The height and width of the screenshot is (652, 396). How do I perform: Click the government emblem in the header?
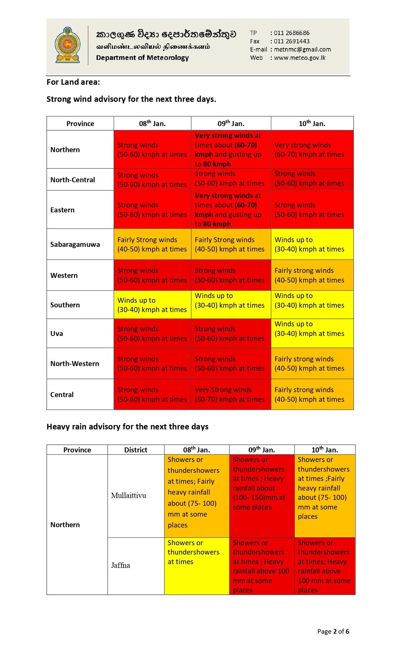point(67,45)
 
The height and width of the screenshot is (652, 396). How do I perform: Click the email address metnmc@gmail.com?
point(302,49)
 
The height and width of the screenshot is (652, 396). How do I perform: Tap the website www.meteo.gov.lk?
point(299,58)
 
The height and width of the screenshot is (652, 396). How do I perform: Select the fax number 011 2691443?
point(292,41)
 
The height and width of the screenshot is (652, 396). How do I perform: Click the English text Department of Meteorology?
point(142,58)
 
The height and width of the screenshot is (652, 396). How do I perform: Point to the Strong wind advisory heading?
point(131,99)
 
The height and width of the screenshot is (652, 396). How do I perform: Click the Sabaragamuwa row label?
point(75,244)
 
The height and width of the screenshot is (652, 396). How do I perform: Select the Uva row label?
point(57,333)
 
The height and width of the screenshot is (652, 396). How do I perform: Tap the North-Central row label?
point(73,180)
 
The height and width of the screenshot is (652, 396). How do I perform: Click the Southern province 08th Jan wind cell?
point(152,305)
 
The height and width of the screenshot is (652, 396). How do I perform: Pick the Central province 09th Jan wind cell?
point(231,394)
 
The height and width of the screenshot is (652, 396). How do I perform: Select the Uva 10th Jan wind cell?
point(312,333)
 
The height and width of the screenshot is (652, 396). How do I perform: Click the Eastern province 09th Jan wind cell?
point(231,209)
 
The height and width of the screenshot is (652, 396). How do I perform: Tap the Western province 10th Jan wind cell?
point(312,275)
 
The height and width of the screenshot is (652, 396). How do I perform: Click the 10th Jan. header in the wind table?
point(312,124)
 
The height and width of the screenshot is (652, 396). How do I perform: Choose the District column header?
point(136,450)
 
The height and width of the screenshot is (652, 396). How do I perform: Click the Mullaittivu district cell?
point(129,495)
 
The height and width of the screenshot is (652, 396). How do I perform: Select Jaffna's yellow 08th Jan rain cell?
point(197,566)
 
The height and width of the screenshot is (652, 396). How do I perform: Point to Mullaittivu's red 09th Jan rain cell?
point(262,495)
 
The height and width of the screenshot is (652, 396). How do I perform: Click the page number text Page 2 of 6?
point(333,631)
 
